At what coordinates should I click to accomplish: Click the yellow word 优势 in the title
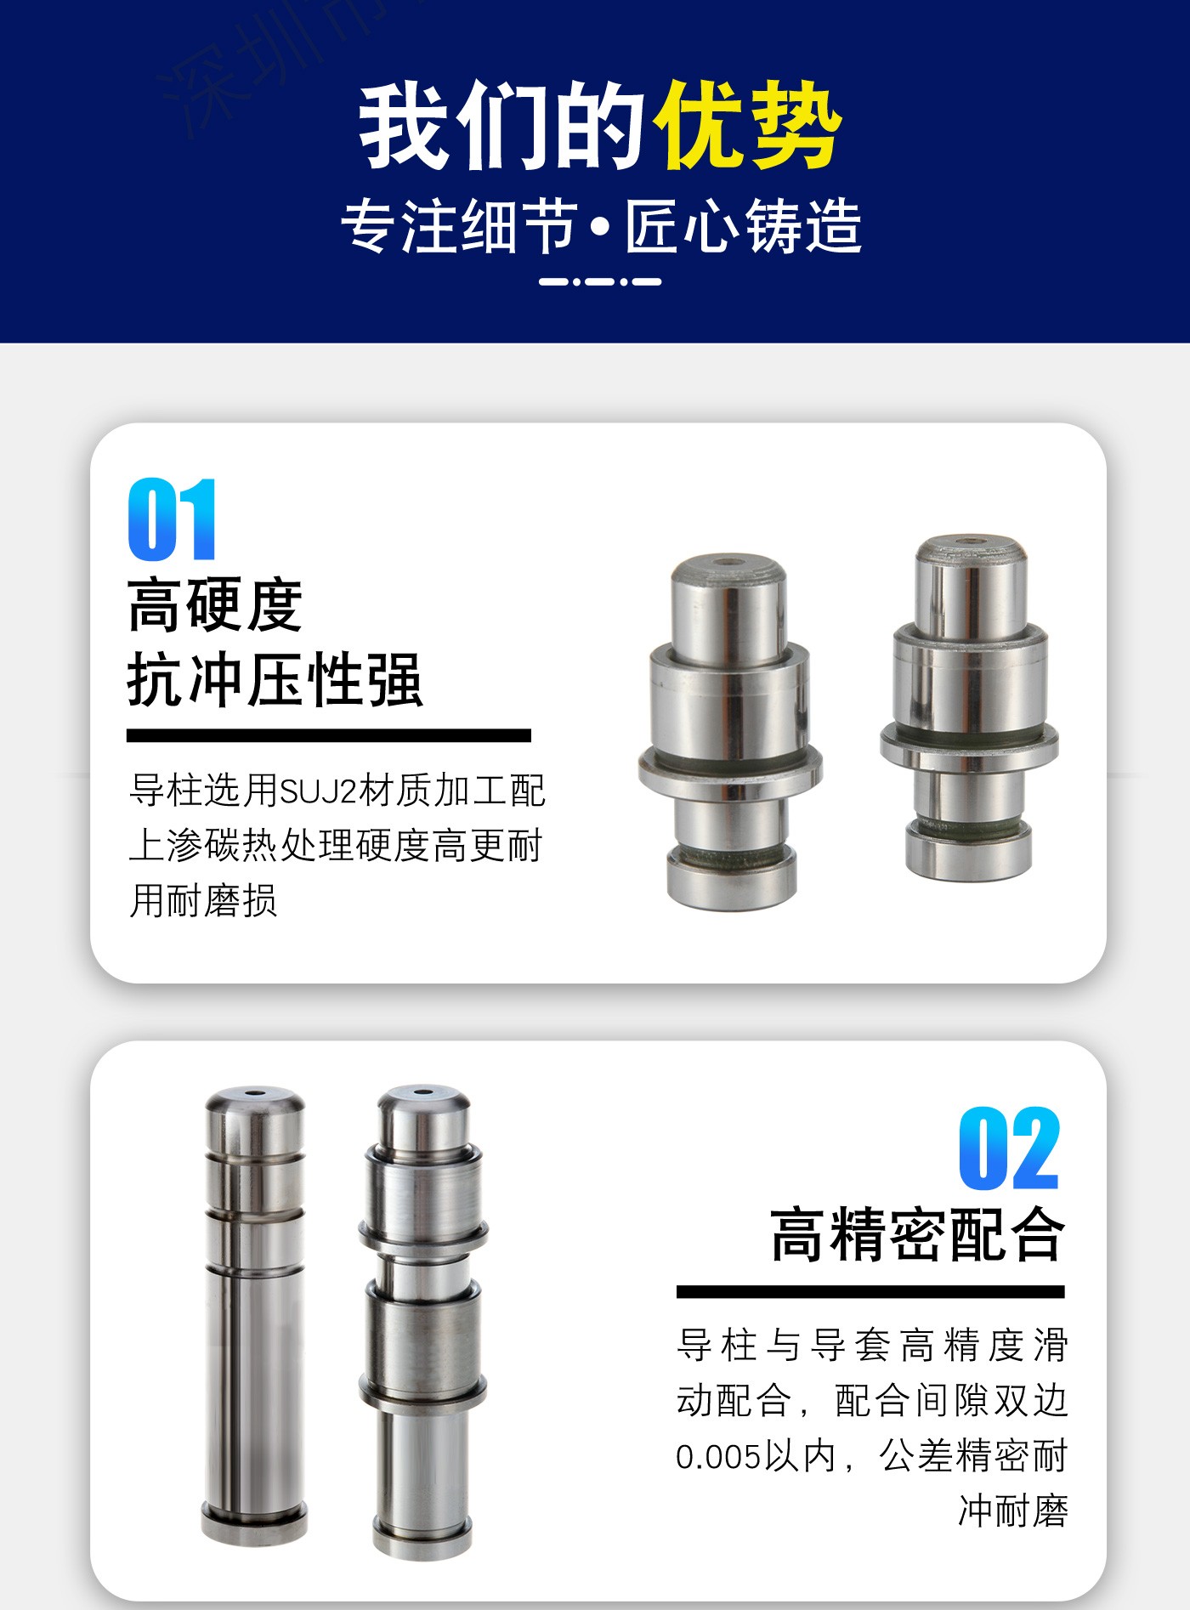747,126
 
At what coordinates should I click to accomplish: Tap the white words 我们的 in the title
502,126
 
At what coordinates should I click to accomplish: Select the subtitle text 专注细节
460,227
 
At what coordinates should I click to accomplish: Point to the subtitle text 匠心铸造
744,227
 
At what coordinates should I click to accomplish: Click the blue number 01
173,519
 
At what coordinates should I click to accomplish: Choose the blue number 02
1010,1148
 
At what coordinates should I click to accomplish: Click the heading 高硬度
215,604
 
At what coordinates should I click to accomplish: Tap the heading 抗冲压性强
275,680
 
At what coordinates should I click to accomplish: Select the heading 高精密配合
917,1234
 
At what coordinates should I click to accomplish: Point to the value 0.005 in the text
718,1457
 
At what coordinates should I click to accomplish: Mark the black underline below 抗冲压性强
329,735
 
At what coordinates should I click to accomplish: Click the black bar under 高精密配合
870,1292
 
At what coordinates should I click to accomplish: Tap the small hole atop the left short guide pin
727,562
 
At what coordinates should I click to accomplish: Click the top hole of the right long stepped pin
423,1091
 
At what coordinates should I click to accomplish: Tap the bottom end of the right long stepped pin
422,1539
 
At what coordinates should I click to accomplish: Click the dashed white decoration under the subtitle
600,281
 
